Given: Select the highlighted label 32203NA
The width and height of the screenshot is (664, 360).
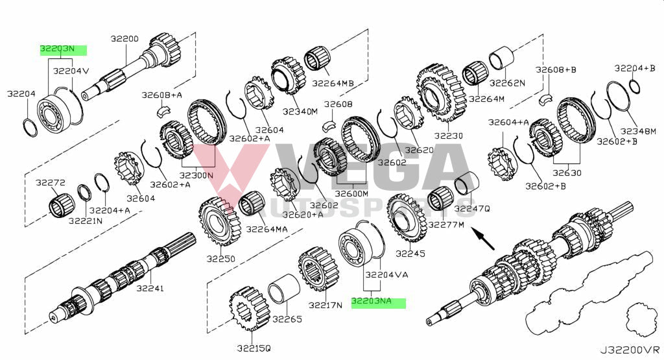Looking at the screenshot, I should tap(378, 302).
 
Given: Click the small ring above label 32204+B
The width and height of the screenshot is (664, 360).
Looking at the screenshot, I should tap(635, 86).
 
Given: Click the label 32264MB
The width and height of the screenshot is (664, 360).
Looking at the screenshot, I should tap(333, 83).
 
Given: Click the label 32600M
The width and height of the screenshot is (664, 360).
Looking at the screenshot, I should tap(351, 193).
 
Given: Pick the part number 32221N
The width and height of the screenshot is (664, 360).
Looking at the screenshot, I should tap(85, 221).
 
